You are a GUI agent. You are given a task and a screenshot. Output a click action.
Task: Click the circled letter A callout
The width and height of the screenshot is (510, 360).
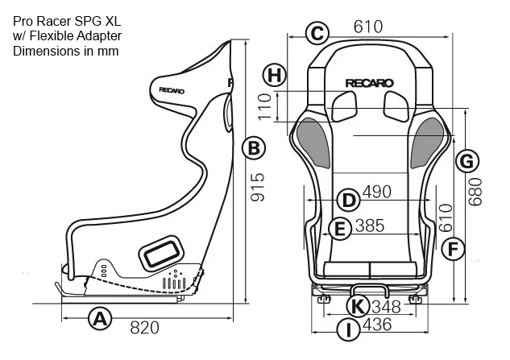click(100, 318)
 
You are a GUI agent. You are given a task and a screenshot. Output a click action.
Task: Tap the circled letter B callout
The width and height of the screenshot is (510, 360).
click(254, 148)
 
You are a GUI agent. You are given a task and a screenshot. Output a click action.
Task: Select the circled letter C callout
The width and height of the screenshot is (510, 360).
click(317, 33)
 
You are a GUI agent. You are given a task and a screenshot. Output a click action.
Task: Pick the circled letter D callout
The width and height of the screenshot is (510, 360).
click(348, 200)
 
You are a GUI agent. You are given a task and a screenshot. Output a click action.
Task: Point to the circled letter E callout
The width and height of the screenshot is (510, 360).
click(340, 229)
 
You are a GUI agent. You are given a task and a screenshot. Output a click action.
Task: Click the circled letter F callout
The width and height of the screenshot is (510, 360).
click(453, 249)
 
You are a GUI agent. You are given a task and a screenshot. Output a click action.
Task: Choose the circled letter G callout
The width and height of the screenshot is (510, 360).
click(467, 161)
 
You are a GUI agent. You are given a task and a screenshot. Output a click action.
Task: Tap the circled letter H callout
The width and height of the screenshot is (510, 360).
click(275, 75)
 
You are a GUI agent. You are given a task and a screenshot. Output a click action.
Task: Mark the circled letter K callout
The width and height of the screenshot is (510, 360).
click(358, 306)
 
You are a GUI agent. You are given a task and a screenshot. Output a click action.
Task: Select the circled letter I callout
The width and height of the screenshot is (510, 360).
click(349, 329)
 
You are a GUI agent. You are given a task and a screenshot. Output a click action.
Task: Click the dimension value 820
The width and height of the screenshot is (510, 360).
click(145, 328)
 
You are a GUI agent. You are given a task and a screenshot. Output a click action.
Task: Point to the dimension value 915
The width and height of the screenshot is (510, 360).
click(258, 187)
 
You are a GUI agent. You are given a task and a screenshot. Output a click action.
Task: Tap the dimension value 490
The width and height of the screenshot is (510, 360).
click(376, 192)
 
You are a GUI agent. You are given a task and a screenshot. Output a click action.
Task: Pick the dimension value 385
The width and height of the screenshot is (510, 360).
click(370, 226)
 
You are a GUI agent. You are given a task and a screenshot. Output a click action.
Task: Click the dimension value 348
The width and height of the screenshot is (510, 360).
click(386, 307)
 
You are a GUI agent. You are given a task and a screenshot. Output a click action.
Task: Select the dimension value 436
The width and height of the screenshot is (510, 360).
click(377, 325)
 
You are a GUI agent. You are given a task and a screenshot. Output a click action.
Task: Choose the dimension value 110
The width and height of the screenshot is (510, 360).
click(265, 106)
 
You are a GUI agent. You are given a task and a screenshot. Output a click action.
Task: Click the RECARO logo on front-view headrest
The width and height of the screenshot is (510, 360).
click(369, 83)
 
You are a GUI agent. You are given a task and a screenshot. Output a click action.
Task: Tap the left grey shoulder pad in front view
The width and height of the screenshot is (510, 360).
click(313, 143)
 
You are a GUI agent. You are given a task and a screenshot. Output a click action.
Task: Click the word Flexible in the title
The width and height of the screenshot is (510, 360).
click(52, 35)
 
